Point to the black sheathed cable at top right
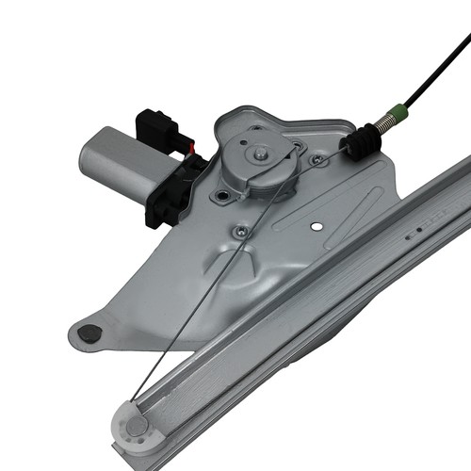(443, 57)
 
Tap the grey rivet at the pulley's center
(138, 427)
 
